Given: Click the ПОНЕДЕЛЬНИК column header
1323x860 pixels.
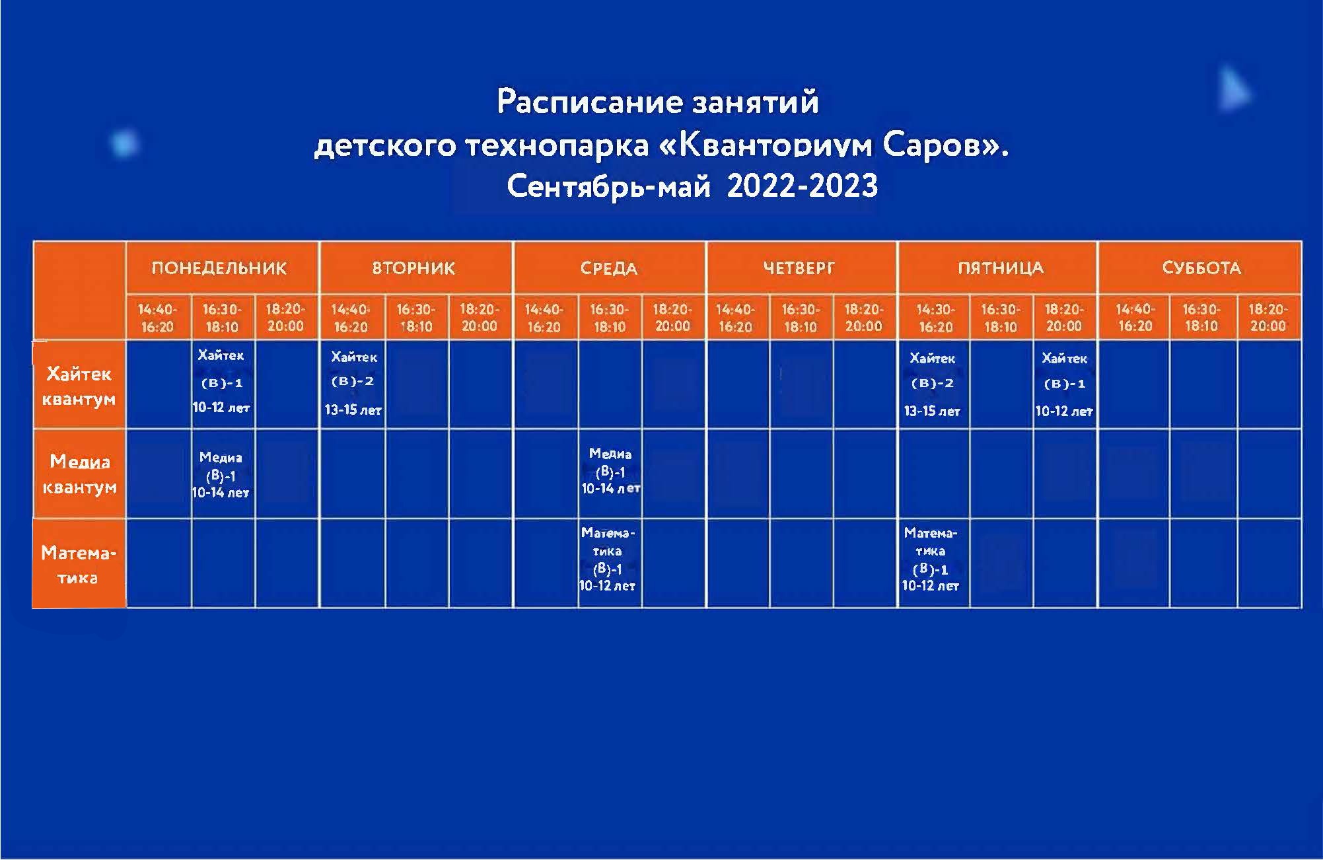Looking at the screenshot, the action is tap(219, 268).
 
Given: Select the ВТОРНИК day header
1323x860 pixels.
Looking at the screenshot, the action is tap(414, 268).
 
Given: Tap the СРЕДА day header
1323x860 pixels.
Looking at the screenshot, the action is tap(609, 269).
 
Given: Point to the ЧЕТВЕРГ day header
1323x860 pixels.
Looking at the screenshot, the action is tap(799, 268).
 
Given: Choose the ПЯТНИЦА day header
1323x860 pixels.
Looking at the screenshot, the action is tap(1001, 268).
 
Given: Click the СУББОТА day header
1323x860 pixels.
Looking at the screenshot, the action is tap(1201, 268).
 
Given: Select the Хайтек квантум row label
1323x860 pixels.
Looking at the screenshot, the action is tap(79, 386).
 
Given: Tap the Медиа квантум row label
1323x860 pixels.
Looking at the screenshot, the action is tap(79, 474).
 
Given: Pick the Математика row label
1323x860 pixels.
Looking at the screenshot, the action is tap(79, 565).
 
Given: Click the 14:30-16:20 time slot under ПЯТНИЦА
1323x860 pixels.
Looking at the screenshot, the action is tap(935, 318).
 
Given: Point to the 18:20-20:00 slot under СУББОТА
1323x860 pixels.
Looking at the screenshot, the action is tap(1268, 317).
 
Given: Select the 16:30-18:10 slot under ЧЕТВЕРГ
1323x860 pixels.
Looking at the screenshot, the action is tap(801, 318).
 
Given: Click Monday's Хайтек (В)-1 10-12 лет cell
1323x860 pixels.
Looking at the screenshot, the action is tap(221, 381).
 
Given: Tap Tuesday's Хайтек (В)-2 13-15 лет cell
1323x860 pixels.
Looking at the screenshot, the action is tap(353, 383).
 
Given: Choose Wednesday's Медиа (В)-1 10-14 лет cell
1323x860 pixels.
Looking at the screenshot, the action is tap(610, 471).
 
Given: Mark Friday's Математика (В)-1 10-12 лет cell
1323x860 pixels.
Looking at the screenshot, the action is tap(931, 559).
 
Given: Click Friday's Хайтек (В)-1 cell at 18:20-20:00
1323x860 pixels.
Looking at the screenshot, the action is tap(1064, 384).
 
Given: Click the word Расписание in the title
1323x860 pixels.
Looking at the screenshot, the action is tap(589, 102).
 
